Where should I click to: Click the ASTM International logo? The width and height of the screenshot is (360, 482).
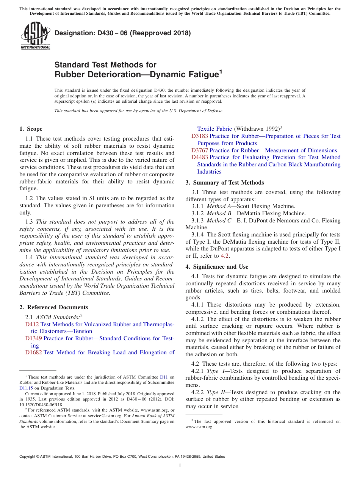35,36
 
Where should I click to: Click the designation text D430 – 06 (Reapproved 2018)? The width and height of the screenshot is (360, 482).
123,33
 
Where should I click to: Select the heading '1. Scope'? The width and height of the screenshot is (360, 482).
31,129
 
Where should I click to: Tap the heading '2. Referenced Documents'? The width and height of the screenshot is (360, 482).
53,307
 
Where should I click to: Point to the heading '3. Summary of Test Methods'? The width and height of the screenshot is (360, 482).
225,183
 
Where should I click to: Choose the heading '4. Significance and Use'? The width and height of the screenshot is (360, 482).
217,267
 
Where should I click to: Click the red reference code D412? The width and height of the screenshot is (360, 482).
32,324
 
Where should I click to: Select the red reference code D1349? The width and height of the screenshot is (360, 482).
33,338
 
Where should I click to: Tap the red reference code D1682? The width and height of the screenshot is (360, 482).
33,352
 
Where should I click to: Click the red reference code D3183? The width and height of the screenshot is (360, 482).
199,136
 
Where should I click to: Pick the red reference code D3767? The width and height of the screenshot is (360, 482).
199,150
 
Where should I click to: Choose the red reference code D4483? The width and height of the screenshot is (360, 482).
199,157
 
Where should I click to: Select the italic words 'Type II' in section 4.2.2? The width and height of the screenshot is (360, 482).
215,392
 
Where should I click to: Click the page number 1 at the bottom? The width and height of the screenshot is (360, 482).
180,465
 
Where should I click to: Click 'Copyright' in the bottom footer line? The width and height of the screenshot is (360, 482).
29,457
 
